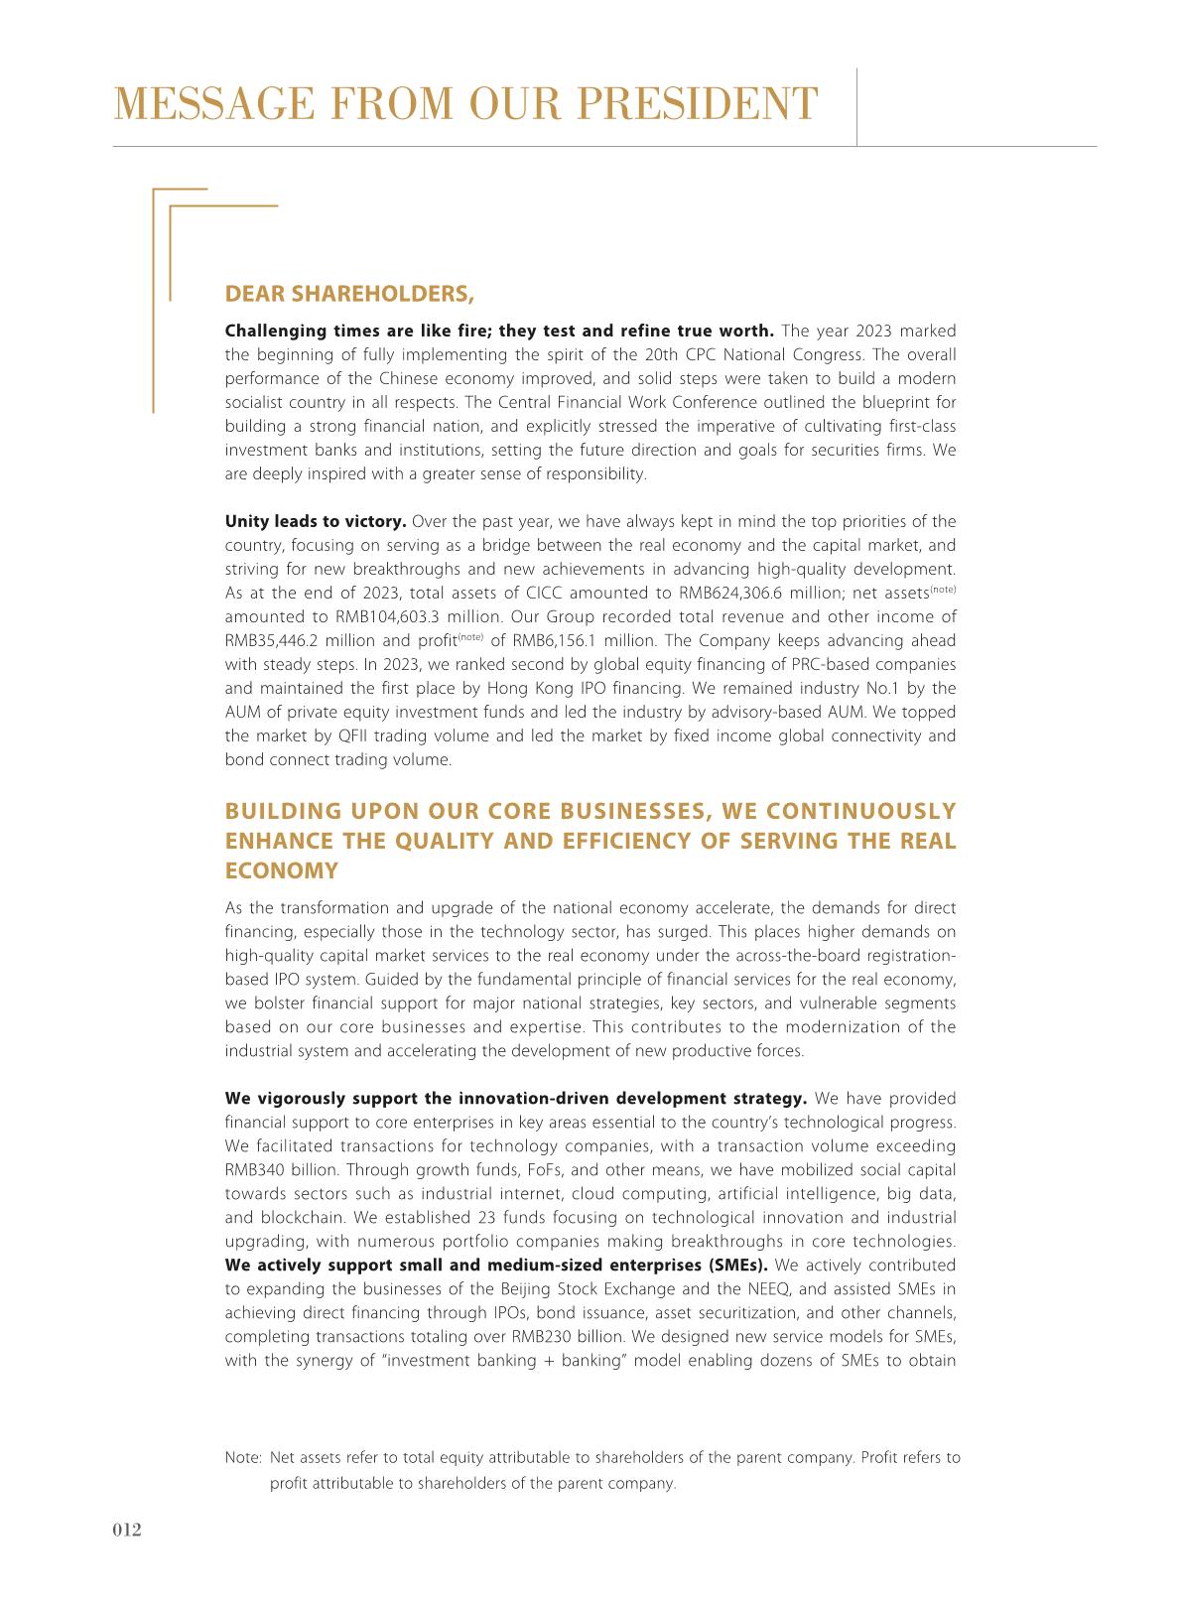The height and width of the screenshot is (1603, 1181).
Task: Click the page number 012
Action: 126,1530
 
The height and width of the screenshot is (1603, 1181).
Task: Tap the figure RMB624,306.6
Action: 734,594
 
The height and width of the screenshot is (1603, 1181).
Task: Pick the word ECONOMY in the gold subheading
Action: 282,871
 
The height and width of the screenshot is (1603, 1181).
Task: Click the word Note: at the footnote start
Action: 243,1459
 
